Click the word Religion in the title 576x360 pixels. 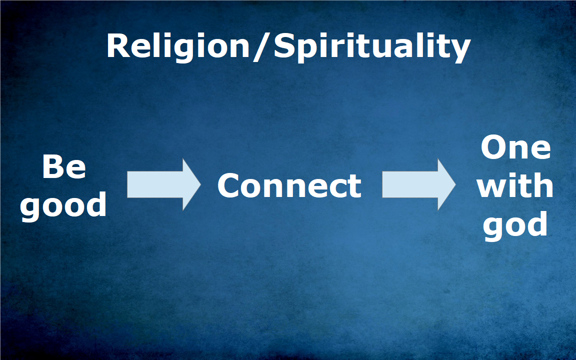point(178,47)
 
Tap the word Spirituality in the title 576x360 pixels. point(372,47)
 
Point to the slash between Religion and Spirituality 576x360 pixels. point(261,47)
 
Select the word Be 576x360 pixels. point(64,167)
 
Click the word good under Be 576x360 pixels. point(63,206)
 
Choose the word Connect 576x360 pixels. point(289,186)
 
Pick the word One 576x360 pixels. point(516,147)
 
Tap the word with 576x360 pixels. point(515,185)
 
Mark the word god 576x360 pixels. point(515,225)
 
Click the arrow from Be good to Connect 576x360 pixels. point(164,185)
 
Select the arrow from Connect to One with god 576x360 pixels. point(419,185)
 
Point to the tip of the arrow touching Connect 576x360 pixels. point(200,185)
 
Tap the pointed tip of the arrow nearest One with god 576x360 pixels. point(455,185)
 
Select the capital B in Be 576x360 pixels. point(52,167)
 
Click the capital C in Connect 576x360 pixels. point(229,186)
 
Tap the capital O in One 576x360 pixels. point(494,147)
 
